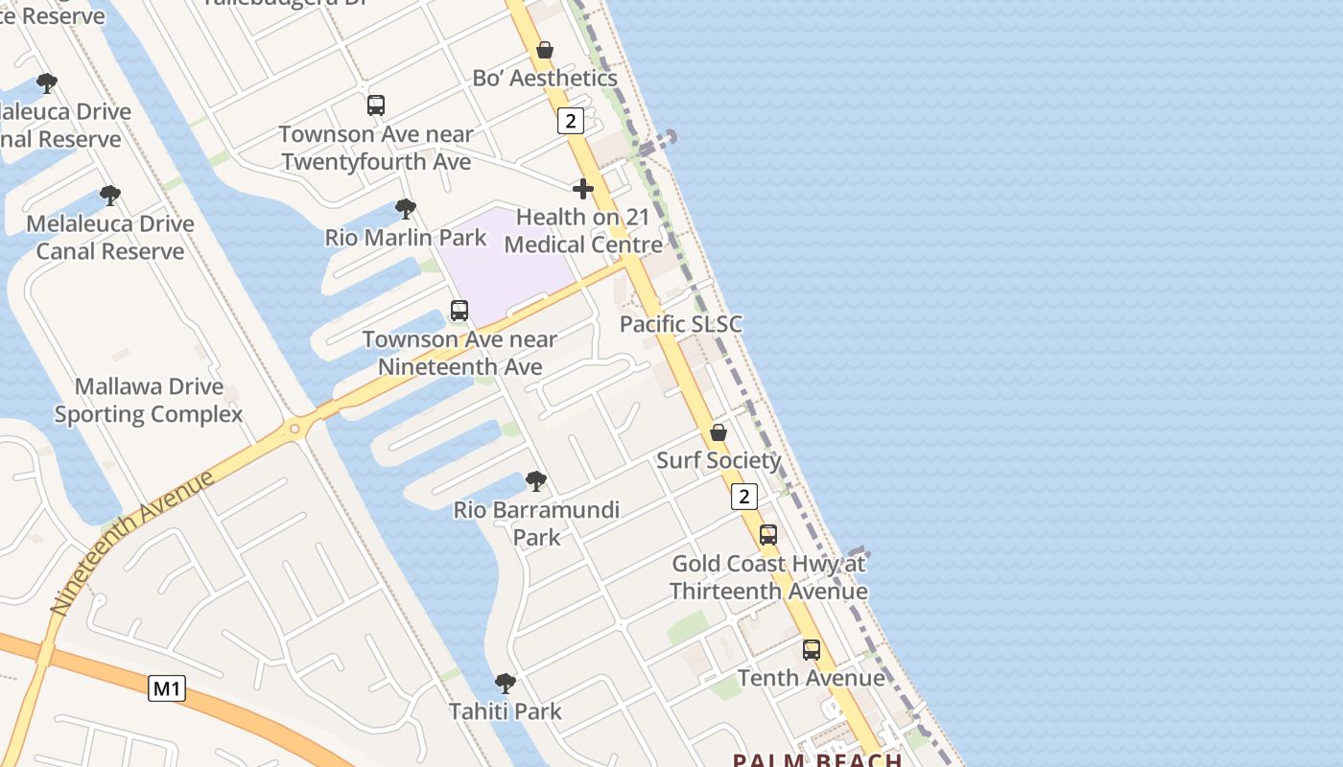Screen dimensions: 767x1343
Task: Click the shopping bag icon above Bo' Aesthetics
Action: click(x=545, y=50)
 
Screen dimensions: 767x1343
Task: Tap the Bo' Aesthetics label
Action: click(x=545, y=79)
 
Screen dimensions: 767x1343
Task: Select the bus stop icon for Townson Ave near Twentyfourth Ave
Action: click(x=376, y=105)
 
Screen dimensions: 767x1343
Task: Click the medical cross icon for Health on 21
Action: click(x=582, y=189)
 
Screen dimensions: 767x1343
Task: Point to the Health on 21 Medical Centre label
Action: click(x=583, y=231)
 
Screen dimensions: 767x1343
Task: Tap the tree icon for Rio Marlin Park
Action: click(x=406, y=208)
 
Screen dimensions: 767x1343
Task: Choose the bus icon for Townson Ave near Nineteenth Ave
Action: click(x=459, y=311)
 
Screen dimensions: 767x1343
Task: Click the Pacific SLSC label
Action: click(x=681, y=324)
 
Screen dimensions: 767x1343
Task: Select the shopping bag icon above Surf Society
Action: click(x=719, y=432)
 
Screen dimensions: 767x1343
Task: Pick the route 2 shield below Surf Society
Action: click(x=744, y=497)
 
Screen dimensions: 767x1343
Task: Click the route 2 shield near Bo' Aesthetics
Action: click(x=570, y=121)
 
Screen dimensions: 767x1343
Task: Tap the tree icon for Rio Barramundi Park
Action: click(x=536, y=481)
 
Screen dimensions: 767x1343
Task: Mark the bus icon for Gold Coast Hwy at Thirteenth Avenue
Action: click(x=768, y=535)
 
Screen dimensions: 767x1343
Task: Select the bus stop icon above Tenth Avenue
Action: click(x=812, y=650)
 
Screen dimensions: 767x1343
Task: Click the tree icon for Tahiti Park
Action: click(x=506, y=684)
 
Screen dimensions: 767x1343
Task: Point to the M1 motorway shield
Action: click(x=167, y=688)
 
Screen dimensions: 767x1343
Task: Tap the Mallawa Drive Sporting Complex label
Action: click(x=149, y=401)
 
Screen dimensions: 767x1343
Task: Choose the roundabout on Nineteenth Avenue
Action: click(x=295, y=429)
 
